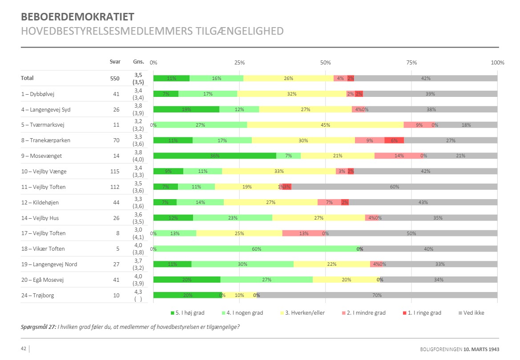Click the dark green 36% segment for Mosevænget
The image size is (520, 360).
pos(215,156)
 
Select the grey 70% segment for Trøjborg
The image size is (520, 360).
pos(377,295)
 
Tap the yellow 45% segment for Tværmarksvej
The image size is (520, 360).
pos(325,125)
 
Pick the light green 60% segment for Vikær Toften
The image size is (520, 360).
pos(256,249)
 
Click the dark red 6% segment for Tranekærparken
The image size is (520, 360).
pos(394,140)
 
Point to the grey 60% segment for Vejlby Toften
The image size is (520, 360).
pos(394,187)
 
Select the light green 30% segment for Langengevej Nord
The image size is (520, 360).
pos(242,264)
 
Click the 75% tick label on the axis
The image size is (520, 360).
pos(411,63)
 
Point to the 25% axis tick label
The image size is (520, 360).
pos(239,63)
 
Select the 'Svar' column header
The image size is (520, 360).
pos(115,62)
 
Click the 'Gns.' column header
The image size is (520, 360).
pos(138,62)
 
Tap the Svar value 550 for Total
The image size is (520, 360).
pos(115,78)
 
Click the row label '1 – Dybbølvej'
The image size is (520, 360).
pos(37,94)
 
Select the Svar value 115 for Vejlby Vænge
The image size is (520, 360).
pos(115,172)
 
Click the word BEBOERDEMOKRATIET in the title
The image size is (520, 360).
pos(77,17)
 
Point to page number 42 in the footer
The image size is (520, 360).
pos(24,349)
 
